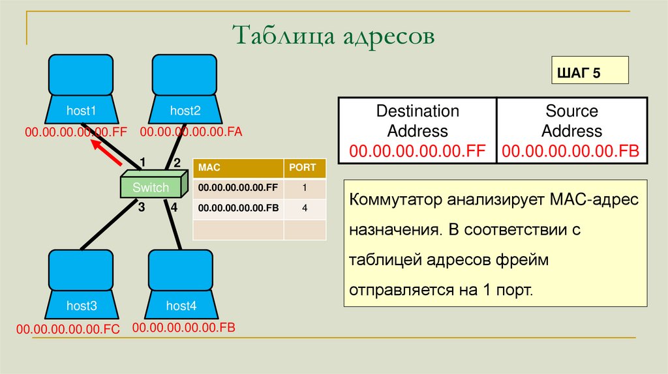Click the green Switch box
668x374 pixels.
[x=151, y=188]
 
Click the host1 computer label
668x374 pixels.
[x=81, y=111]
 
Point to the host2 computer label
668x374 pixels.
[x=185, y=111]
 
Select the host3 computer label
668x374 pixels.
[x=82, y=306]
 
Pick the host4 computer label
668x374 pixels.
[x=181, y=306]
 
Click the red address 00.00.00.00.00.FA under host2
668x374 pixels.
[x=191, y=132]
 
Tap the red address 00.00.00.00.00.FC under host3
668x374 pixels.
[x=68, y=330]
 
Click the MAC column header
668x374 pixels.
[x=210, y=167]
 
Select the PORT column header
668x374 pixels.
[x=303, y=167]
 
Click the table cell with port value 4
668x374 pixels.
[x=305, y=209]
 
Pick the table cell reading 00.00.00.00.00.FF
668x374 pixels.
[x=238, y=188]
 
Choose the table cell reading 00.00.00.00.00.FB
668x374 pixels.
[x=238, y=209]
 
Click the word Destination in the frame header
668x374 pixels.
[x=417, y=111]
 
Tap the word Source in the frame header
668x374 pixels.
[x=571, y=111]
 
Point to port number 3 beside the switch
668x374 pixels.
[x=140, y=207]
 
